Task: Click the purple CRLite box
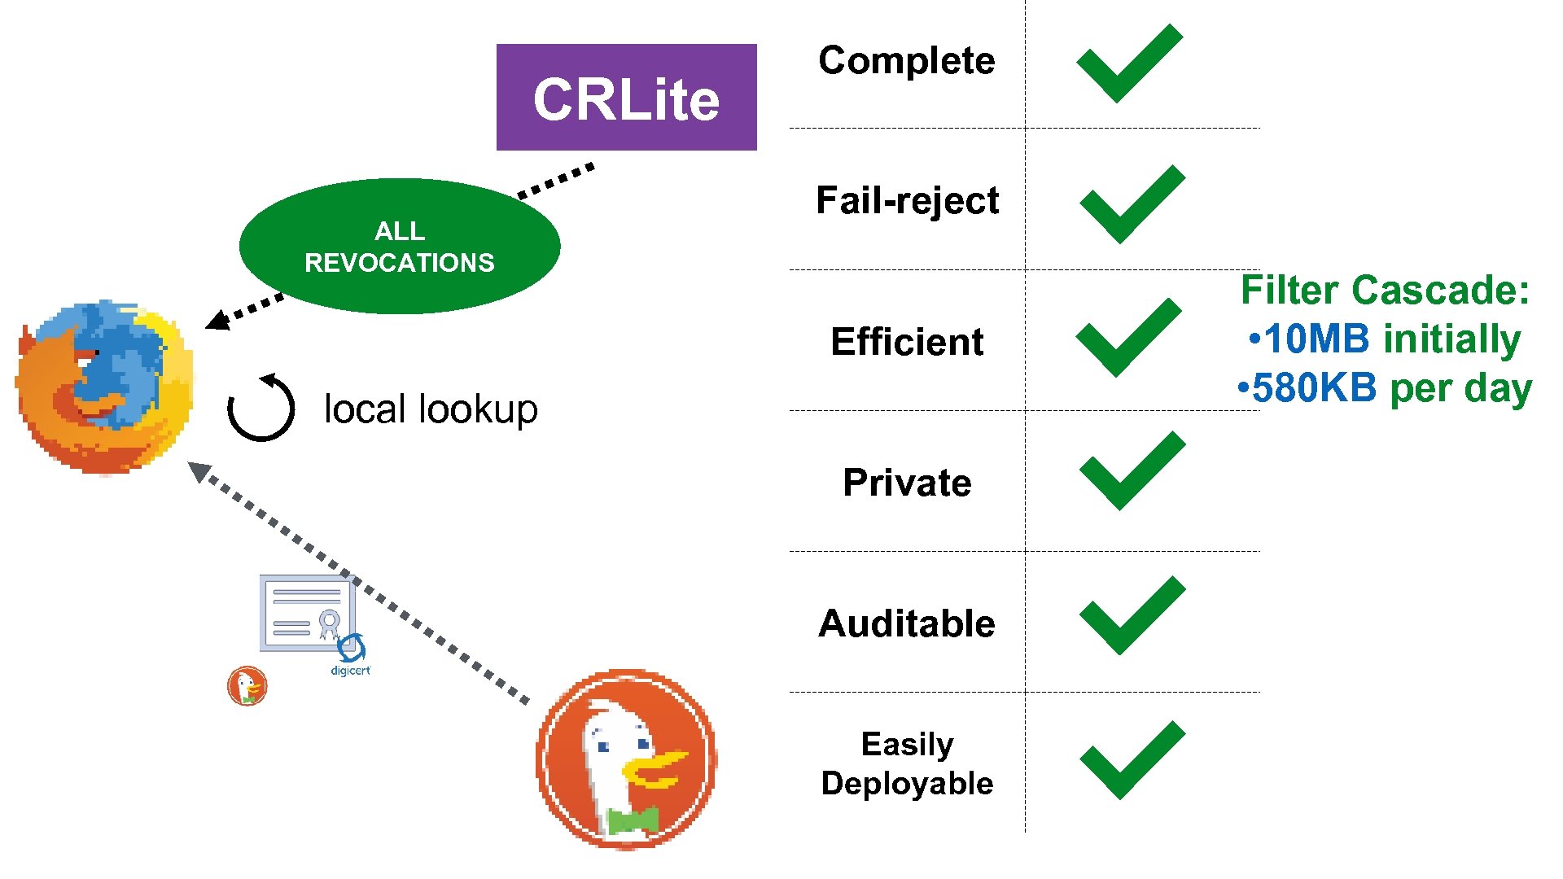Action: pyautogui.click(x=626, y=98)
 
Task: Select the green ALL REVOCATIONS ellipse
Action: pyautogui.click(x=399, y=246)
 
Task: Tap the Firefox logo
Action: pyautogui.click(x=104, y=387)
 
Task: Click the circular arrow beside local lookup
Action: pyautogui.click(x=260, y=408)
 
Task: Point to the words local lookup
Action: pyautogui.click(x=431, y=409)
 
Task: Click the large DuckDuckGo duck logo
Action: pyautogui.click(x=626, y=759)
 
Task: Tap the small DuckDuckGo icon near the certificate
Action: pyautogui.click(x=247, y=685)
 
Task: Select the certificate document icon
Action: pyautogui.click(x=306, y=614)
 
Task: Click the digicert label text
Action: pyautogui.click(x=350, y=671)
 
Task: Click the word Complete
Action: pyautogui.click(x=906, y=61)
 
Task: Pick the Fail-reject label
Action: pyautogui.click(x=907, y=201)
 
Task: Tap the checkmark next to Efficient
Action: pyautogui.click(x=1128, y=338)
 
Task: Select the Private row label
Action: pyautogui.click(x=907, y=483)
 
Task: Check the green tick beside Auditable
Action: pyautogui.click(x=1132, y=616)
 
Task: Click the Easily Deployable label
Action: pyautogui.click(x=907, y=763)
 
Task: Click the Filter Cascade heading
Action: pyautogui.click(x=1384, y=291)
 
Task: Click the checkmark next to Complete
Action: pyautogui.click(x=1128, y=63)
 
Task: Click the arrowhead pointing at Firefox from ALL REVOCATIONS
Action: pyautogui.click(x=217, y=321)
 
